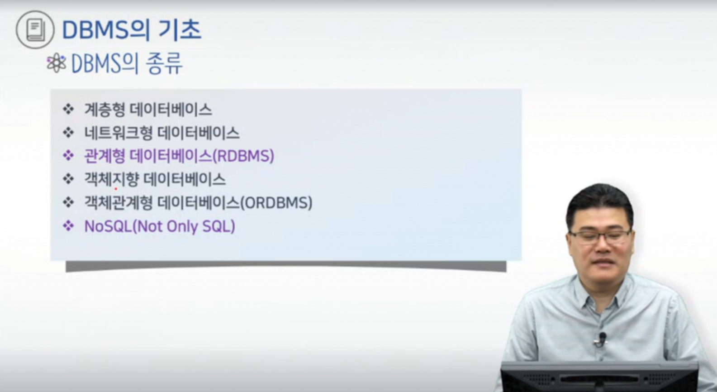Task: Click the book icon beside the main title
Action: pos(35,30)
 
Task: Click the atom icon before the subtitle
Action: pos(57,63)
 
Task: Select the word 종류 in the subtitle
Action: pos(164,63)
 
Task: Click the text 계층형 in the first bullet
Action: pos(104,110)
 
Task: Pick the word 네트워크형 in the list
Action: pos(119,133)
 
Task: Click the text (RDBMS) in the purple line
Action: pos(243,156)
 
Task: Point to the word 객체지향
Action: pos(111,179)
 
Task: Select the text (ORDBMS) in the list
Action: pos(276,203)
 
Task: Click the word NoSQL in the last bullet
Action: pos(108,226)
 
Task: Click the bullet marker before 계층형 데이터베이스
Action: pos(68,110)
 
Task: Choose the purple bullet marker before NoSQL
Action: pos(68,226)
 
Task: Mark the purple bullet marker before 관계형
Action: pos(68,156)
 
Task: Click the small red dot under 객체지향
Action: pos(115,189)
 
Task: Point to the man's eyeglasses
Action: pos(599,236)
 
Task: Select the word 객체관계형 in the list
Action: pos(119,203)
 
